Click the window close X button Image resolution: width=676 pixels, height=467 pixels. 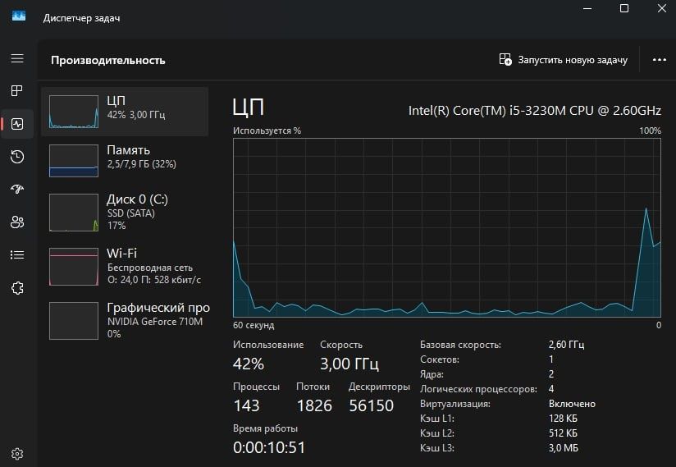(662, 8)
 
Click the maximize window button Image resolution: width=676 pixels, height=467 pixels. (623, 8)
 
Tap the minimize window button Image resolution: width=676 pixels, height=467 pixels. (587, 9)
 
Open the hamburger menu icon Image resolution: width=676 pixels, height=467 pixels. (17, 58)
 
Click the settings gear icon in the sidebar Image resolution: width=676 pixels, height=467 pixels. (17, 454)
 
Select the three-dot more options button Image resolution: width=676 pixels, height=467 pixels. (660, 60)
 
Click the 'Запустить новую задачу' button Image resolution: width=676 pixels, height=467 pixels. (563, 60)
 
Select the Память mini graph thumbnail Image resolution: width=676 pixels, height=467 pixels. (74, 161)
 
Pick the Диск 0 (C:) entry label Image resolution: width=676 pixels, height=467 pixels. (137, 199)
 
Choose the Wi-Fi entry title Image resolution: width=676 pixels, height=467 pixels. (121, 253)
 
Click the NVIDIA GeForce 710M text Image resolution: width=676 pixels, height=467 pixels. (155, 322)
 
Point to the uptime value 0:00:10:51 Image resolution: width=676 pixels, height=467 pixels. (269, 447)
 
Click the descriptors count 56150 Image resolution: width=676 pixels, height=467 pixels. (371, 405)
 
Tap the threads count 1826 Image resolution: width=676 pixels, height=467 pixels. (314, 405)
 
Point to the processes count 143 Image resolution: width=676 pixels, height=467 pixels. (246, 405)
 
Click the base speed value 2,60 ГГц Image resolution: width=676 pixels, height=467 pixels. (566, 345)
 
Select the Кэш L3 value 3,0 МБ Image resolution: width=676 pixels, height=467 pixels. (563, 448)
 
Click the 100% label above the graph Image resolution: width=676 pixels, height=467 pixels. (650, 130)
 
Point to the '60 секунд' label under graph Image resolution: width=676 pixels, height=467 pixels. (253, 325)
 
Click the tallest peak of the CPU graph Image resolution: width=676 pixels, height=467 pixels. (646, 208)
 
